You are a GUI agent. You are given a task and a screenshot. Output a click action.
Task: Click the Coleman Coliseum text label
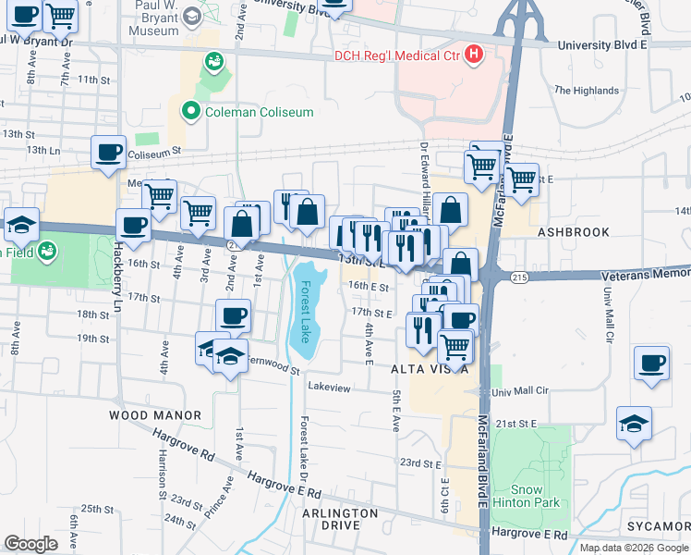click(260, 112)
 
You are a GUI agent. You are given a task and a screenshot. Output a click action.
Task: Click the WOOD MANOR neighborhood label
click(155, 416)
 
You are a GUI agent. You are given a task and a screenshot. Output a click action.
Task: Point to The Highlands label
click(586, 91)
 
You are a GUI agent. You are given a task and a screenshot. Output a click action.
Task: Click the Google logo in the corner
click(31, 544)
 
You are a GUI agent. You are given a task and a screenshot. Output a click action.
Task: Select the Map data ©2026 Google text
click(632, 548)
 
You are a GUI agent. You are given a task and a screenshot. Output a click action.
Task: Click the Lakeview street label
click(331, 388)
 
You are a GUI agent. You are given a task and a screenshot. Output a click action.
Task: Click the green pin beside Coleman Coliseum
click(192, 112)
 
